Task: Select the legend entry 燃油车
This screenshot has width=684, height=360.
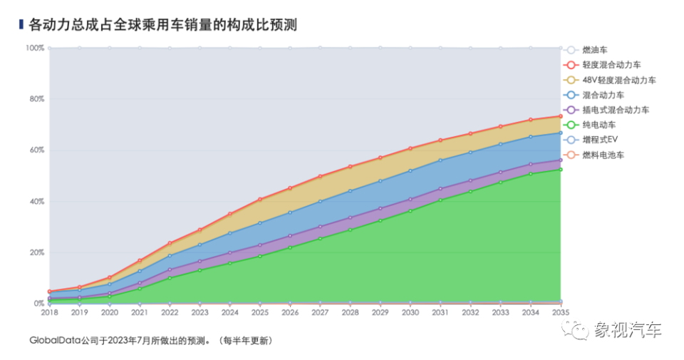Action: pos(596,50)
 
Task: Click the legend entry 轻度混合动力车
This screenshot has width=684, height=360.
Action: pos(611,65)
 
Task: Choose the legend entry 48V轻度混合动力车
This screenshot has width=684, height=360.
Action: pos(618,80)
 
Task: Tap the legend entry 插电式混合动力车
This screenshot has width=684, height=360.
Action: pos(615,110)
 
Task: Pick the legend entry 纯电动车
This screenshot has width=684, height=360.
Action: pos(600,125)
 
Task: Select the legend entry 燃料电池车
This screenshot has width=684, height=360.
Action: pos(603,155)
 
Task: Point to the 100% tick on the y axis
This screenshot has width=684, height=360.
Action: pos(35,48)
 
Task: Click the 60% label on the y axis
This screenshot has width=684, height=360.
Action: pos(36,150)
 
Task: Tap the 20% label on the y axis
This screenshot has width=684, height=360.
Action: pos(36,252)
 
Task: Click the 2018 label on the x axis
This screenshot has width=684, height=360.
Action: pos(49,312)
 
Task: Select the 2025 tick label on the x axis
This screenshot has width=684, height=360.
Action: pos(259,312)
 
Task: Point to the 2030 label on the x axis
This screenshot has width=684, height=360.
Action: pos(410,312)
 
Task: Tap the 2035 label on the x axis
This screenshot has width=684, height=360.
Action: pos(560,312)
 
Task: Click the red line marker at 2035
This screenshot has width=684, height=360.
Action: pos(560,116)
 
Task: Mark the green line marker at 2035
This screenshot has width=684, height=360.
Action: pos(560,169)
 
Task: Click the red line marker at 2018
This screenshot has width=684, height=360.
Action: pos(49,292)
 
